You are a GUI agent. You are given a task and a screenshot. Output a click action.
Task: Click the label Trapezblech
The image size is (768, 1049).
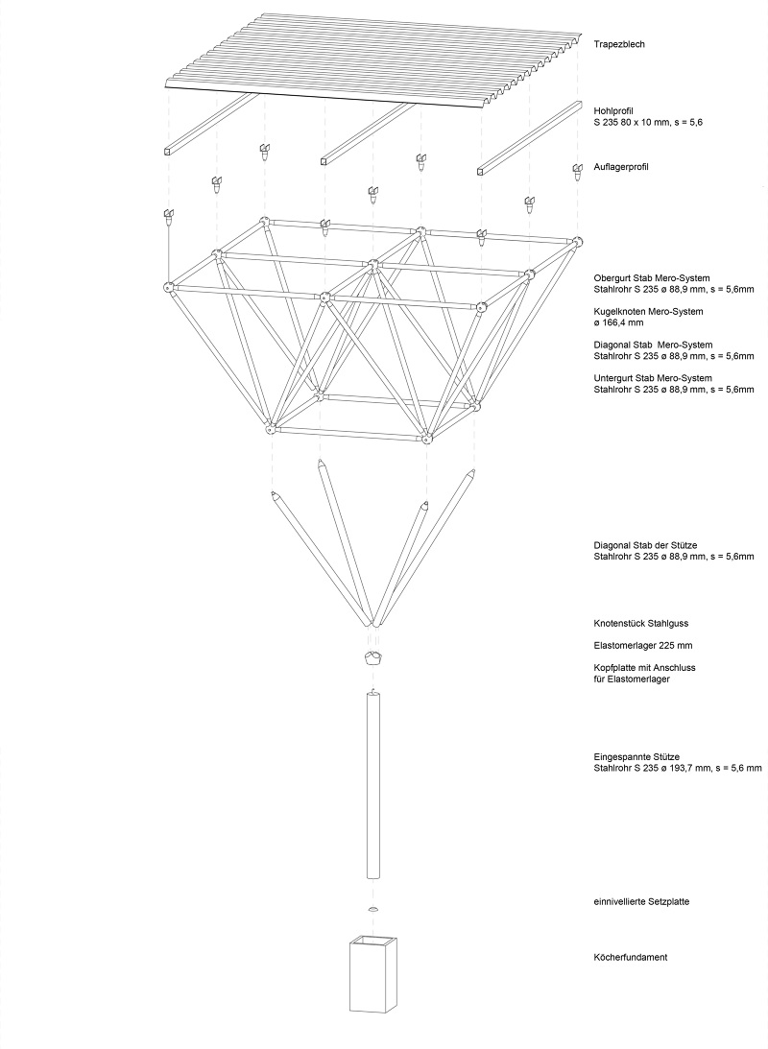tap(619, 44)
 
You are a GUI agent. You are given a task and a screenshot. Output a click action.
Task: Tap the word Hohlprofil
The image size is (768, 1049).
tap(613, 111)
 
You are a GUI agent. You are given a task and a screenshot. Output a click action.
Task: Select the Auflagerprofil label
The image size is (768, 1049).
tap(621, 167)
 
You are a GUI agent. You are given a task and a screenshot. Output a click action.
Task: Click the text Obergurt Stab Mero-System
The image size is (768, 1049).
tap(652, 278)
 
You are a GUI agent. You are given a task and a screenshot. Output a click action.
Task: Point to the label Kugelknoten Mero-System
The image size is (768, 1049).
tap(648, 312)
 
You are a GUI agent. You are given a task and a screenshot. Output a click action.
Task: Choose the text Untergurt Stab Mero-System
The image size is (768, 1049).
tap(653, 379)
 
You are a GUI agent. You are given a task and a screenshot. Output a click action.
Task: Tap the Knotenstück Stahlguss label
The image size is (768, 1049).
tap(641, 624)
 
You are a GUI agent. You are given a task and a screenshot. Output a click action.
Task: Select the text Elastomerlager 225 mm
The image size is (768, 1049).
tap(643, 646)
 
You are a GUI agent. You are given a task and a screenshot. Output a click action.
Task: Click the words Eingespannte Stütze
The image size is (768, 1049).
tap(636, 757)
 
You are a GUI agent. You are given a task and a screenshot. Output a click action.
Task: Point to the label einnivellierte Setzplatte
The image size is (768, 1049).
tap(641, 902)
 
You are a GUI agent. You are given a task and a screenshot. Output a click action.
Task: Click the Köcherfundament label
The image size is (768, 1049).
tap(630, 958)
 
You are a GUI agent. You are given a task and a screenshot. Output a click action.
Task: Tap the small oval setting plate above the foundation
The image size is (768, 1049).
tap(373, 909)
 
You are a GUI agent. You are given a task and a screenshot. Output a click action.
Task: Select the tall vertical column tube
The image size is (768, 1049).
tap(373, 785)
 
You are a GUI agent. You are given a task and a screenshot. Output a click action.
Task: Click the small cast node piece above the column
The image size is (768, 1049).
tap(374, 657)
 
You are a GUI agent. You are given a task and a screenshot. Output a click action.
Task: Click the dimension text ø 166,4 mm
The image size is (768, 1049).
tap(618, 322)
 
